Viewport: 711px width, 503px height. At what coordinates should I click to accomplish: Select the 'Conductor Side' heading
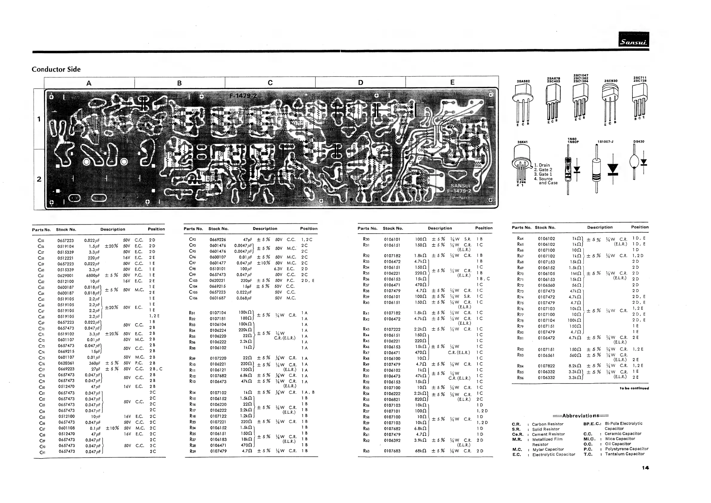pos(56,69)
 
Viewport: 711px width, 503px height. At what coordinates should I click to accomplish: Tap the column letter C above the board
pos(270,83)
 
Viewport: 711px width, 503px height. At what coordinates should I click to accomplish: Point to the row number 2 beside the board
pos(39,179)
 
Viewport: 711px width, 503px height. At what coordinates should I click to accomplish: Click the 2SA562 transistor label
pos(523,81)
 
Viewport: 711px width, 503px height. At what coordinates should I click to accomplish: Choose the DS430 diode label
pos(638,142)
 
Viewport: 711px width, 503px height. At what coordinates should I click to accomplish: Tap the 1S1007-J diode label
pos(605,142)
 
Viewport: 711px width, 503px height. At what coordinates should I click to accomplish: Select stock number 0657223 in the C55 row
pos(66,240)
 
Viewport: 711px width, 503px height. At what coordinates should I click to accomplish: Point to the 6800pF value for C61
pos(93,275)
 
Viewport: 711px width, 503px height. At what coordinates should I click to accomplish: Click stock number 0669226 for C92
pos(218,240)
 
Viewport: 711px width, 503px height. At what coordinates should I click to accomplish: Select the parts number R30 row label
pos(366,239)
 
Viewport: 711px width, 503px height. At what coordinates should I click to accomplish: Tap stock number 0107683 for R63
pos(392,451)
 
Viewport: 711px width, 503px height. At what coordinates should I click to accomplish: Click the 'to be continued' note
pos(634,388)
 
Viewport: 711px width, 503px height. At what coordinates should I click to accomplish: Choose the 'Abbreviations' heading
pos(581,416)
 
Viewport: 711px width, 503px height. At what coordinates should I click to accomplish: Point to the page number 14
pos(645,468)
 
